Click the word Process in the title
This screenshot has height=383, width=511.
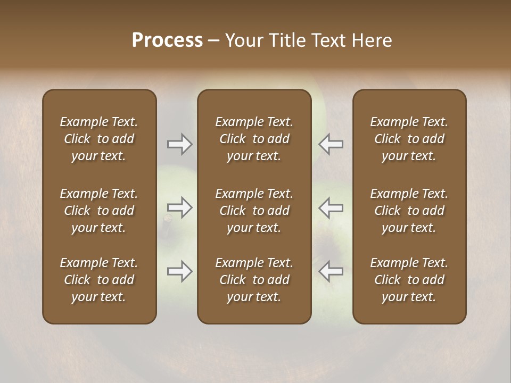(167, 40)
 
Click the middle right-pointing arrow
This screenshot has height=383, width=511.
(180, 207)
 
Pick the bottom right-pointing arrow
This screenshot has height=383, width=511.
(180, 271)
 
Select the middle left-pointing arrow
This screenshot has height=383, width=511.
(331, 207)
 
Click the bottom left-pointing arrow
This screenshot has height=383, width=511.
(331, 271)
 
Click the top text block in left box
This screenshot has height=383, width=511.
(99, 139)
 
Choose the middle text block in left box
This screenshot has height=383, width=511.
(99, 211)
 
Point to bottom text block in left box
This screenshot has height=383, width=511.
(99, 280)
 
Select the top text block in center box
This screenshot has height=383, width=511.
(254, 139)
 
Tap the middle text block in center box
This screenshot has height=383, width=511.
(254, 211)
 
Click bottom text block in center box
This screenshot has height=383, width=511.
(254, 280)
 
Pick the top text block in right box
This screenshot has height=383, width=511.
(409, 139)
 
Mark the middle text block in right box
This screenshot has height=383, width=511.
(409, 211)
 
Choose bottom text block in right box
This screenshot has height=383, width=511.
(409, 280)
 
